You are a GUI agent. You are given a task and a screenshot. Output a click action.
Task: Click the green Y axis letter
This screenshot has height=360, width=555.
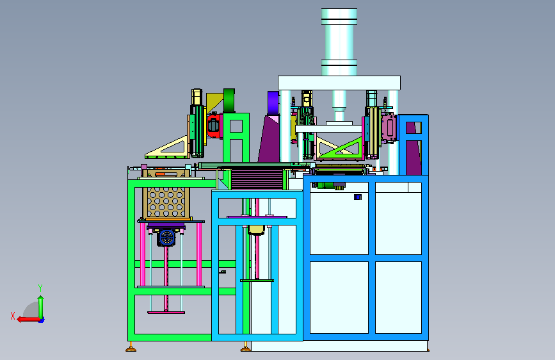pyautogui.click(x=40, y=288)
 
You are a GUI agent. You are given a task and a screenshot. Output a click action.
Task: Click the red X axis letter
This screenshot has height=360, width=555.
pyautogui.click(x=13, y=316)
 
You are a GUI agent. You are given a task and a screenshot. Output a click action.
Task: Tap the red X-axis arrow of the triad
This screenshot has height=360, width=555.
pyautogui.click(x=28, y=320)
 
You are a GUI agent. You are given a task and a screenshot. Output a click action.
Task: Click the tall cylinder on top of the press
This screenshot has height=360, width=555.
pyautogui.click(x=339, y=42)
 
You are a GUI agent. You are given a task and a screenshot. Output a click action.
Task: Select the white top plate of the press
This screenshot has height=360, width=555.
pyautogui.click(x=339, y=83)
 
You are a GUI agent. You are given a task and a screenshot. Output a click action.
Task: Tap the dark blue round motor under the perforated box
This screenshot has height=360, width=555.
pyautogui.click(x=166, y=238)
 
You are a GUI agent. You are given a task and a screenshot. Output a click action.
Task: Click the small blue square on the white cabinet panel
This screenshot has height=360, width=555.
pyautogui.click(x=357, y=197)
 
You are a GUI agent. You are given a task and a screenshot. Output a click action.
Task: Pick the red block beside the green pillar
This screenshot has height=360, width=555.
pyautogui.click(x=213, y=126)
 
